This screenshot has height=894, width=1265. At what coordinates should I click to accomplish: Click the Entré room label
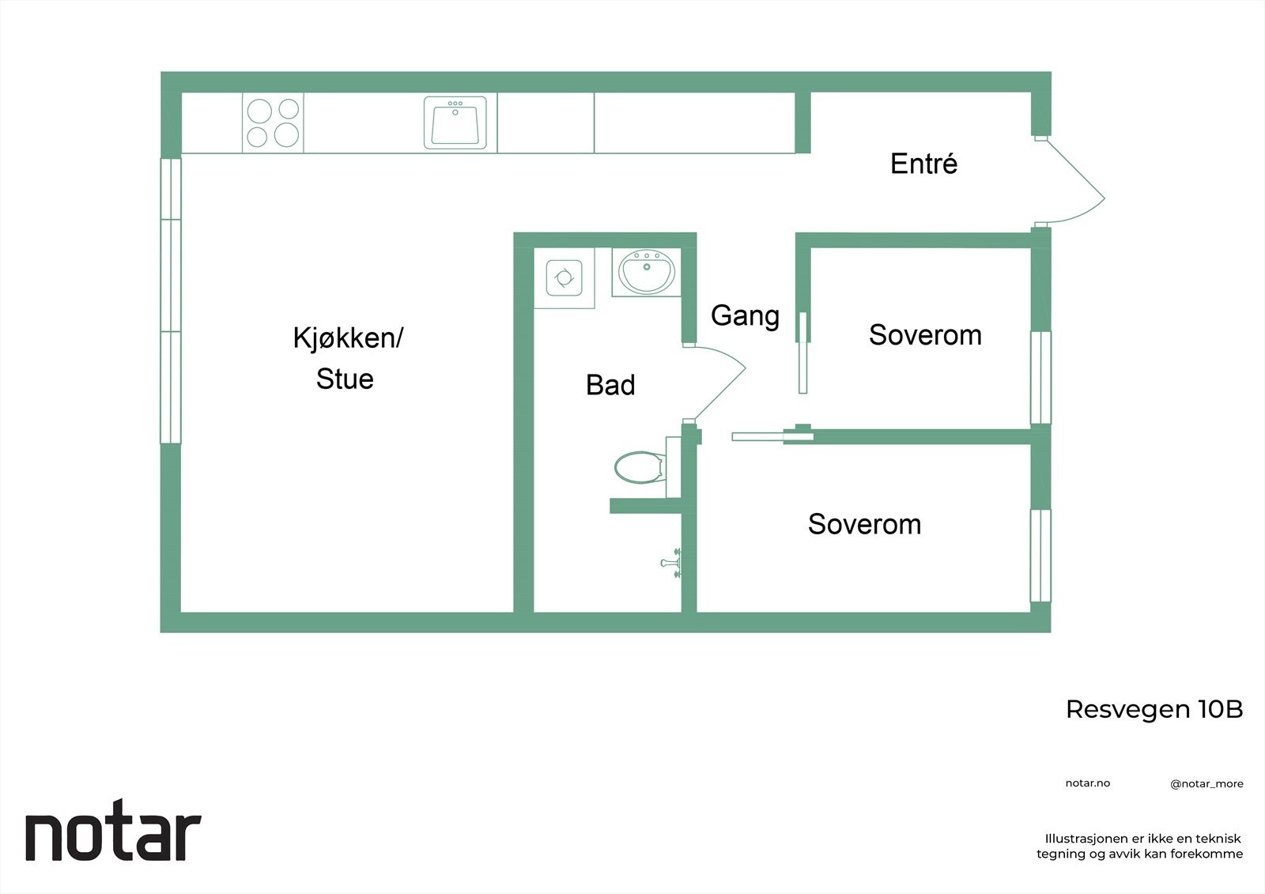[x=923, y=164]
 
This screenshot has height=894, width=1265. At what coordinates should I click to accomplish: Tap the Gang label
[x=745, y=315]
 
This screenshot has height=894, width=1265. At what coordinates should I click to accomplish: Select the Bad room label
[x=610, y=385]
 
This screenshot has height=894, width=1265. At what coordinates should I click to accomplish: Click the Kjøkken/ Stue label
[x=347, y=358]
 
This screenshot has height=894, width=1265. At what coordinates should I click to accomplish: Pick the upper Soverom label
[x=925, y=335]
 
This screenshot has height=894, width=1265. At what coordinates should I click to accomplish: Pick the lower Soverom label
[x=864, y=524]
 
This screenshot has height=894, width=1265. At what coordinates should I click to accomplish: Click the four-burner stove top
[x=273, y=123]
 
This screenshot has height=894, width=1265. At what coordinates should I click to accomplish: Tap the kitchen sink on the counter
[x=455, y=123]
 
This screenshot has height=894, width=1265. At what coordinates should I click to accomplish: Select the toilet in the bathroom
[x=638, y=467]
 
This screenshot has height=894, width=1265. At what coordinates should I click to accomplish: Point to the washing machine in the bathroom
[x=564, y=277]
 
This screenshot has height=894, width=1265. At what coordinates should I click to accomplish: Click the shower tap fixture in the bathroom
[x=672, y=563]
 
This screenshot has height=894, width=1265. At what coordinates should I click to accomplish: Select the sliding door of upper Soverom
[x=802, y=352]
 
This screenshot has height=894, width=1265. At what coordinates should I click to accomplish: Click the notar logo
[x=113, y=836]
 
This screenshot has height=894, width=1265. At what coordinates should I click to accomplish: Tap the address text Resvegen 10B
[x=1154, y=709]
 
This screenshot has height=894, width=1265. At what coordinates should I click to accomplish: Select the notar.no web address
[x=1087, y=783]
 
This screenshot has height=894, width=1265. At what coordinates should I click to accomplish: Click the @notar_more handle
[x=1206, y=784]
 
